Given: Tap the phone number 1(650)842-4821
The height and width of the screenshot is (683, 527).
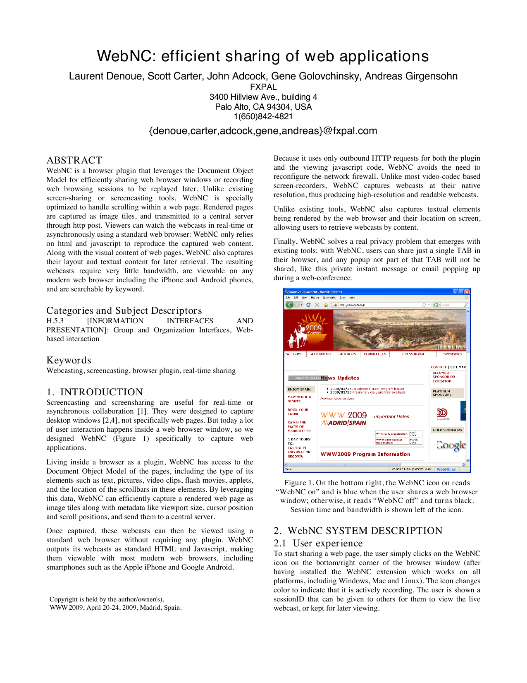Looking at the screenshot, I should [263, 117].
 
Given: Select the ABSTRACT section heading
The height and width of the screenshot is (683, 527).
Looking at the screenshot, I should [74, 160].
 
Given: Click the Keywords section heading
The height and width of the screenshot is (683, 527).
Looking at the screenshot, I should [69, 360].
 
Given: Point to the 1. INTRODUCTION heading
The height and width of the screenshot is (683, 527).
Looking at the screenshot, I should [95, 392].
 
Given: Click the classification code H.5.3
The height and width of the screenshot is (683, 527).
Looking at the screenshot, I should [55, 321].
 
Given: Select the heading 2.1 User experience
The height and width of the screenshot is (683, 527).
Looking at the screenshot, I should [318, 543].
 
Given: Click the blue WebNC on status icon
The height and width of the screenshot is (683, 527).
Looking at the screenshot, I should [446, 469].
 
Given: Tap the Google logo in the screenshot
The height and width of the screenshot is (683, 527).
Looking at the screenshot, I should [451, 445].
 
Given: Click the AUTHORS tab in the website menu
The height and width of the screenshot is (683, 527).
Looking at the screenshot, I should [348, 354].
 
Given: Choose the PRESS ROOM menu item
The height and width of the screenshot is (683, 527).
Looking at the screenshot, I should [413, 354].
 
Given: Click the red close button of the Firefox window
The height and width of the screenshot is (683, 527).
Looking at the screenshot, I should [467, 292].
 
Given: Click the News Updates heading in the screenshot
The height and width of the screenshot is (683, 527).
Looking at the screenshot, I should [340, 378].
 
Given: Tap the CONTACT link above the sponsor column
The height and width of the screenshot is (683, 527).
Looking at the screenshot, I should [439, 367].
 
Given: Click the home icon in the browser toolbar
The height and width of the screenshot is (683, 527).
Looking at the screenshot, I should [326, 305].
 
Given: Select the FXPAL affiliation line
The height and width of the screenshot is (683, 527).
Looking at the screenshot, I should [263, 87].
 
